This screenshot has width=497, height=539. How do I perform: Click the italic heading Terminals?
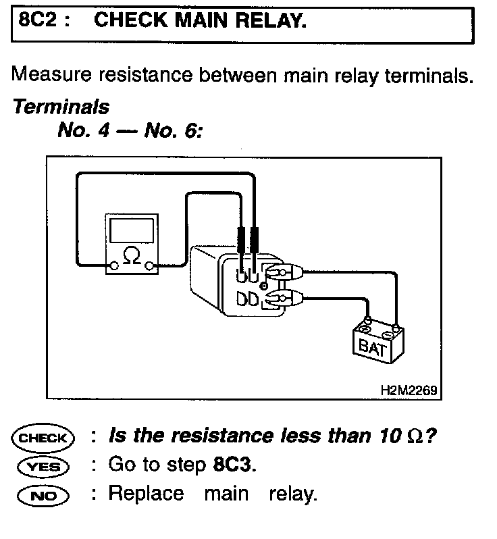coord(61,107)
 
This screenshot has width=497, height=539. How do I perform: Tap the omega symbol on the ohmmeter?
coord(131,257)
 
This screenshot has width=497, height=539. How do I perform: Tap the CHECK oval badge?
coord(43,438)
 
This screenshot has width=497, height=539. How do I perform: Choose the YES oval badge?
coord(43,466)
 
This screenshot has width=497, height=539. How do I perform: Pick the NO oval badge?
coord(43,495)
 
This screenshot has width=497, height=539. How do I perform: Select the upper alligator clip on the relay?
coord(283,274)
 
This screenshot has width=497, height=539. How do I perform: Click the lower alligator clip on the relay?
coord(283,297)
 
